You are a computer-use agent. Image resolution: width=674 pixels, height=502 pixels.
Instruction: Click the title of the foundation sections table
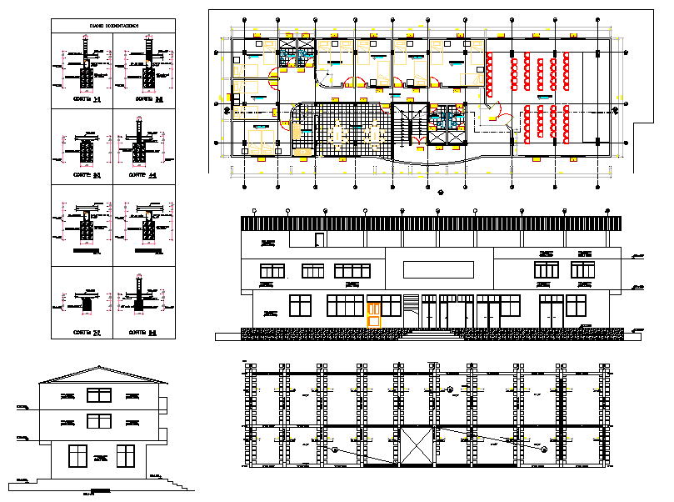(114, 27)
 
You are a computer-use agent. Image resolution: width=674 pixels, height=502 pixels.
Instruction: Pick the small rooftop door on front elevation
(318, 240)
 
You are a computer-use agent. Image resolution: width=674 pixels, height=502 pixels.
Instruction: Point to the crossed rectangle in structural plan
(417, 446)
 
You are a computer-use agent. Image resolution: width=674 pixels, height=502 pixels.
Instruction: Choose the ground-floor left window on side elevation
(77, 456)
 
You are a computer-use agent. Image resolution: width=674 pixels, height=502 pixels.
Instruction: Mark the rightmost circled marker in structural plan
(544, 449)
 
